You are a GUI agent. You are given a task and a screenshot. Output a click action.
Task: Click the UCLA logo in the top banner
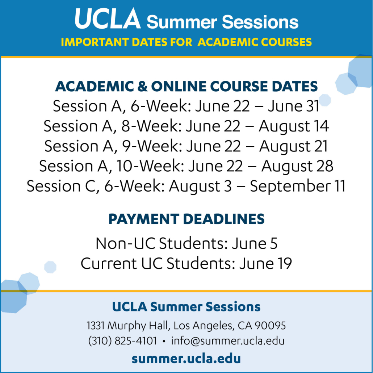(108, 18)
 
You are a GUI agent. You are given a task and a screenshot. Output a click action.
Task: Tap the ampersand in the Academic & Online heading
(142, 86)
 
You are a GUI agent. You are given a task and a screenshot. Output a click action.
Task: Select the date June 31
(294, 106)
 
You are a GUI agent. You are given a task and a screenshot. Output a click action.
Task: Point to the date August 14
(294, 126)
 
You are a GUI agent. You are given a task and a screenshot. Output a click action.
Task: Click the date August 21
(294, 146)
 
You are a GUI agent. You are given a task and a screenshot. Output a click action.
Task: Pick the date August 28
(297, 166)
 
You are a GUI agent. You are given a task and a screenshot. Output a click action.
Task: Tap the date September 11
(298, 186)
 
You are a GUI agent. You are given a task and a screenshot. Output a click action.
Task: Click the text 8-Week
(151, 126)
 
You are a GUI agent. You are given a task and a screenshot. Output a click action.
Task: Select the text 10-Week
(150, 166)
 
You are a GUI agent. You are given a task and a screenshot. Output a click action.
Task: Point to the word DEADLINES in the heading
(224, 219)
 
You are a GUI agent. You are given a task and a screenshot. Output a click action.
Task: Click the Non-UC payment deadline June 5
(255, 244)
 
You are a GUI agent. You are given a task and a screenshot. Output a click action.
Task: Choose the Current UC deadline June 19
(265, 264)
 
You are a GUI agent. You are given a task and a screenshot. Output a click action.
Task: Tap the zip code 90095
(270, 326)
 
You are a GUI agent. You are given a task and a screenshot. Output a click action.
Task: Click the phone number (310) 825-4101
(122, 341)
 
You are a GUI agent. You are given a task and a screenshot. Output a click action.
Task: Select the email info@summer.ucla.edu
(228, 341)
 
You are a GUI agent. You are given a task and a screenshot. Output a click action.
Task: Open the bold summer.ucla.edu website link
(186, 359)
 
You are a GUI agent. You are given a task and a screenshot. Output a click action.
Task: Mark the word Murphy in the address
(127, 326)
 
